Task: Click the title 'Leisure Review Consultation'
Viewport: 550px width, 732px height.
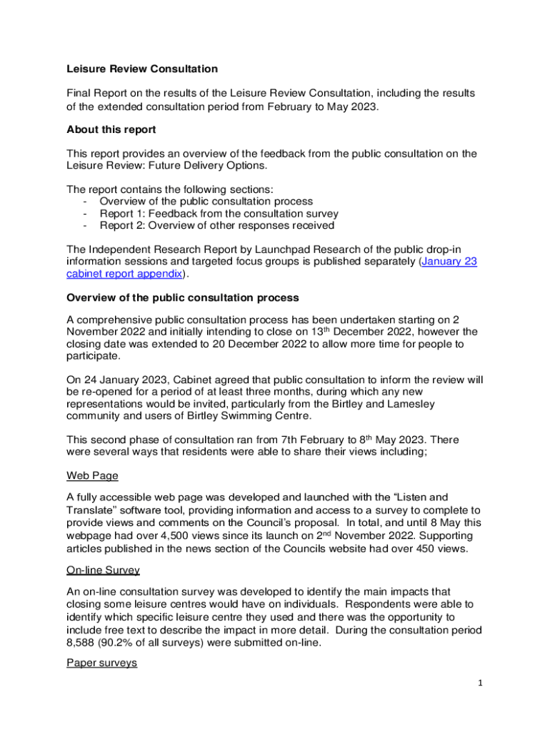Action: point(142,69)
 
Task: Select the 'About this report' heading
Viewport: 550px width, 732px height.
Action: point(111,130)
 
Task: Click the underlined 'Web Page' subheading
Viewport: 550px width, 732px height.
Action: point(92,475)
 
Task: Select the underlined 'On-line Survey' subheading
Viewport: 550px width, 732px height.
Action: point(103,570)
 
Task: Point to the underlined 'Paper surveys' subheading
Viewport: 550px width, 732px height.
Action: point(101,663)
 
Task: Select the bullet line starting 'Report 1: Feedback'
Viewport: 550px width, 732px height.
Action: point(219,213)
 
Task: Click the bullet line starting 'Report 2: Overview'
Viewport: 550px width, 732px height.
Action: point(216,225)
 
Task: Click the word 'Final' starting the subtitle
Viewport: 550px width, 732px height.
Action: point(80,94)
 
